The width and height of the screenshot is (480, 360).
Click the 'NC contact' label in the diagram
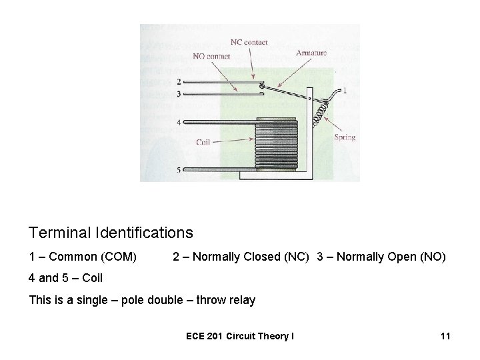click(249, 42)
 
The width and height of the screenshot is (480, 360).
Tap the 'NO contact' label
click(211, 56)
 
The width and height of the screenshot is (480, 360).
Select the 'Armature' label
click(310, 51)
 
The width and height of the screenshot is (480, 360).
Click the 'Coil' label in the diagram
click(203, 141)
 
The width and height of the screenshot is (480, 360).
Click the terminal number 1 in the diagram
click(344, 89)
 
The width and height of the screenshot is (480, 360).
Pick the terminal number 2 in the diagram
click(179, 81)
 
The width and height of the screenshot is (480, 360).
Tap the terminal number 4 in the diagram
click(179, 122)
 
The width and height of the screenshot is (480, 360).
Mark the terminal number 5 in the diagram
click(179, 171)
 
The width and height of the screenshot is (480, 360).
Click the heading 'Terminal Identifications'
click(111, 233)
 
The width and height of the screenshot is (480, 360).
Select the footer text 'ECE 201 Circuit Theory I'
click(239, 337)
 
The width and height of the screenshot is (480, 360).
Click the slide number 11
click(445, 337)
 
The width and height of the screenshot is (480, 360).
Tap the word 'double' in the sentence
click(169, 300)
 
